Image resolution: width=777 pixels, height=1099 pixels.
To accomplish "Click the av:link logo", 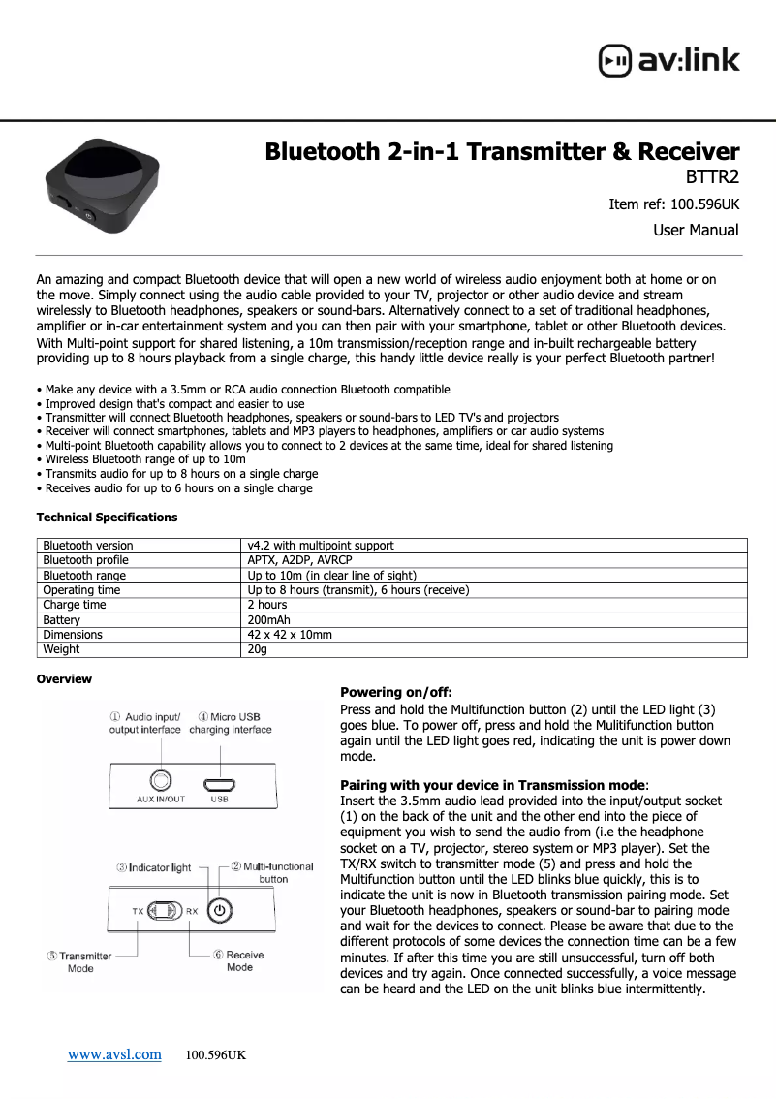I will pyautogui.click(x=668, y=60).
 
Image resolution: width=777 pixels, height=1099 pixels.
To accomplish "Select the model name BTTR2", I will pyautogui.click(x=712, y=177).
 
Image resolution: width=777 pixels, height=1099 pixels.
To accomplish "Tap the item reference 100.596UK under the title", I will pyautogui.click(x=673, y=204).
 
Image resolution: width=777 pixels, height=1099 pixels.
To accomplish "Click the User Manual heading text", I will pyautogui.click(x=695, y=231).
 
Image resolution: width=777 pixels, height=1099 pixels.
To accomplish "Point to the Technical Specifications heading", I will pyautogui.click(x=107, y=518).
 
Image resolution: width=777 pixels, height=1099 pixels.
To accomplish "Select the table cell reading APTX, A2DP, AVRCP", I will pyautogui.click(x=300, y=560).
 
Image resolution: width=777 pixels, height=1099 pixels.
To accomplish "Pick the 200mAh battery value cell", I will pyautogui.click(x=269, y=620).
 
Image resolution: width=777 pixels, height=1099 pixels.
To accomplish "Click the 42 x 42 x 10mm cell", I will pyautogui.click(x=290, y=635).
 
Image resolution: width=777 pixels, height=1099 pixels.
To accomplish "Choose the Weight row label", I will pyautogui.click(x=60, y=649).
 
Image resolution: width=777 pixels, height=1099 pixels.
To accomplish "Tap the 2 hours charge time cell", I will pyautogui.click(x=267, y=605).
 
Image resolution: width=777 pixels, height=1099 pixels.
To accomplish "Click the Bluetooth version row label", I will pyautogui.click(x=88, y=546).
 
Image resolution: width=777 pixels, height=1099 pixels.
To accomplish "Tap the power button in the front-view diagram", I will pyautogui.click(x=221, y=911).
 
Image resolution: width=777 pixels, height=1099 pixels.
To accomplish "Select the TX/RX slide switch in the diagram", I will pyautogui.click(x=166, y=911).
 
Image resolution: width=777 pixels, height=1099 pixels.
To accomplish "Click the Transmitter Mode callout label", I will pyautogui.click(x=79, y=961).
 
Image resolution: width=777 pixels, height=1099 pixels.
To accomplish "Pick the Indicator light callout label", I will pyautogui.click(x=154, y=867).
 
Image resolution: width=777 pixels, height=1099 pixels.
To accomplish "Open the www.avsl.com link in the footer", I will pyautogui.click(x=114, y=1054).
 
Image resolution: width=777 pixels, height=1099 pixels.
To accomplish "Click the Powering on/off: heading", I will pyautogui.click(x=396, y=692).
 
